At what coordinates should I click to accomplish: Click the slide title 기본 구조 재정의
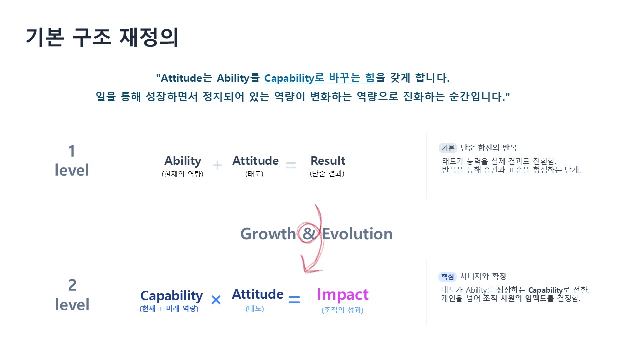click(102, 37)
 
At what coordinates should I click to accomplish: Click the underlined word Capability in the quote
click(289, 78)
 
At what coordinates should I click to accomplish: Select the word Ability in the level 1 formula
click(183, 161)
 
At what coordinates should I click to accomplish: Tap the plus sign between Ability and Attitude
click(217, 165)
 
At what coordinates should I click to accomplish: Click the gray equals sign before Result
click(291, 165)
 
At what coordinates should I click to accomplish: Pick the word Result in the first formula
click(328, 161)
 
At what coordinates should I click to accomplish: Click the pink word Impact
click(343, 295)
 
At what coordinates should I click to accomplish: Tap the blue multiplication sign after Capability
click(216, 300)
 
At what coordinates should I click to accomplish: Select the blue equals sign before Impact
click(294, 300)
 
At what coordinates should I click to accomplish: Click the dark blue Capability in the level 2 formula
click(171, 296)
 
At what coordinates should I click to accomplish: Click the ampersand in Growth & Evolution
click(309, 234)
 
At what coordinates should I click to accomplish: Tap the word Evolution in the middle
click(357, 234)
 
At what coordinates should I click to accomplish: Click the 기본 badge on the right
click(448, 148)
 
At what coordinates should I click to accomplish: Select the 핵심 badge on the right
click(448, 276)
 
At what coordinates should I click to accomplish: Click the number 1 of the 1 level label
click(72, 151)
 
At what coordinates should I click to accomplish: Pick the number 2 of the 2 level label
click(72, 285)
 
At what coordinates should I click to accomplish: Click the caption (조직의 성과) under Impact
click(342, 310)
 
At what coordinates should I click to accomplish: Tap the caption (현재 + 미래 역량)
click(169, 309)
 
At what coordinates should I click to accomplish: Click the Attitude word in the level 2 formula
click(257, 294)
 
